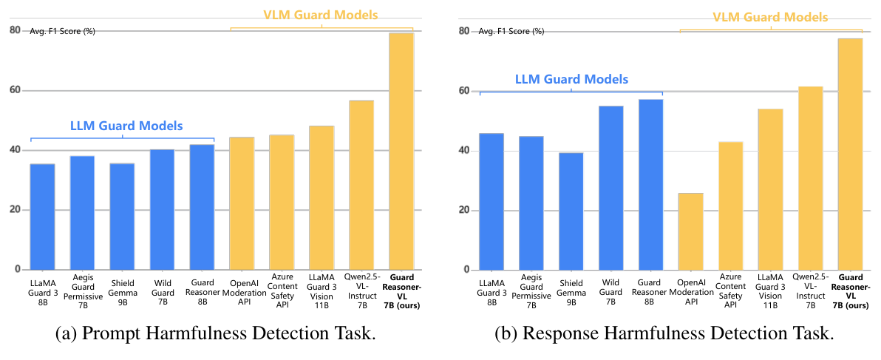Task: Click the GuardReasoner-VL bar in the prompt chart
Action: coord(401,152)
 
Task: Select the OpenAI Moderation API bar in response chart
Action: coord(690,231)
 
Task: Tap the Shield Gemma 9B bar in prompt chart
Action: coord(122,217)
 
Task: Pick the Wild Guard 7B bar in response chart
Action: coord(610,188)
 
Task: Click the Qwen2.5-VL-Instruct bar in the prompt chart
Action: coord(361,185)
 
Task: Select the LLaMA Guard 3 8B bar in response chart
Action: coord(491,202)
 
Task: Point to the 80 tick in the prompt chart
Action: coord(15,30)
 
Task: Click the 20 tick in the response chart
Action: coord(463,210)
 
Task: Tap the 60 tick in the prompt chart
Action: coord(15,90)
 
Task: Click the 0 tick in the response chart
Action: coord(466,270)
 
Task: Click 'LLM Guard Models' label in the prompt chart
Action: coord(126,125)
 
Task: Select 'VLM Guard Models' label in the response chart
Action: coord(771,17)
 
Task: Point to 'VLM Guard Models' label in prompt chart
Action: coord(322,14)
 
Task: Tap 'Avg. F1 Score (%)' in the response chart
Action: coord(511,32)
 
